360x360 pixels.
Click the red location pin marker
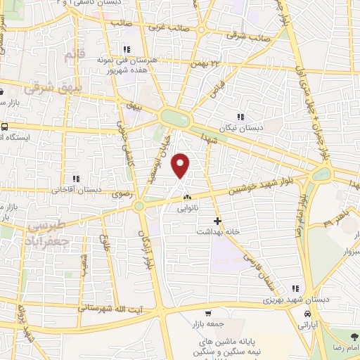[x=181, y=165]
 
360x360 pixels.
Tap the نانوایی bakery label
[x=187, y=207]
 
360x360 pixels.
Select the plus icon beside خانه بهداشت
[x=218, y=221]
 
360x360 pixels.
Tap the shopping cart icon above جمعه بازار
[x=208, y=314]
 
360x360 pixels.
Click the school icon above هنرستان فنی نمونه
[x=127, y=49]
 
